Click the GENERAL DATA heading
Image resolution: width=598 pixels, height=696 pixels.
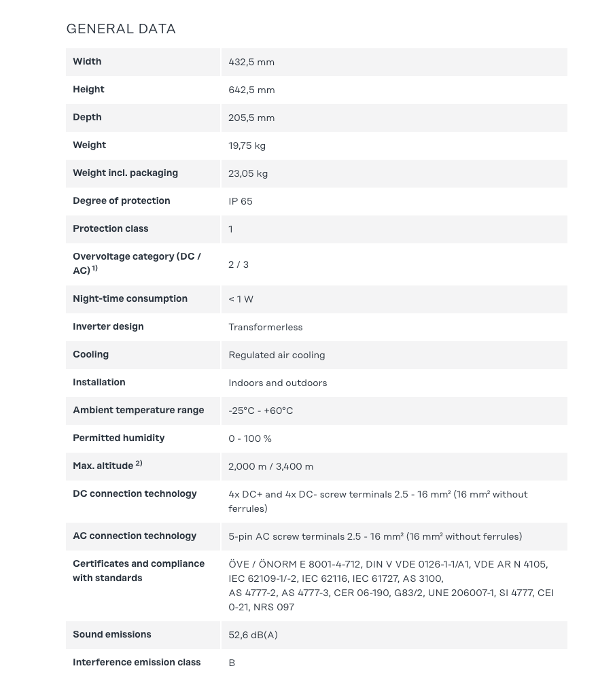121,29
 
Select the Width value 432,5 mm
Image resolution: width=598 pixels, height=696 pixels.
251,62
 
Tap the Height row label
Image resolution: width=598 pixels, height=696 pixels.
88,89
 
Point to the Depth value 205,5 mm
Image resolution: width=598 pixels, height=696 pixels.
251,118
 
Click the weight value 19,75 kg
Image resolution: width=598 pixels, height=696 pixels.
247,145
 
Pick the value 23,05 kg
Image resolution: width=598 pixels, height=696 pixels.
248,173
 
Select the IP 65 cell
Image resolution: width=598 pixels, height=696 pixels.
241,201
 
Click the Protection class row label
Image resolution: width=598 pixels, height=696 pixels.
110,228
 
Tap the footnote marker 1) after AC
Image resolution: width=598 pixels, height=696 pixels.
95,268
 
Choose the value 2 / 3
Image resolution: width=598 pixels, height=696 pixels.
239,264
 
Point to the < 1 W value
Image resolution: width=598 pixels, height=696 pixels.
241,299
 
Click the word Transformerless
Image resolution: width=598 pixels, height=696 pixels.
266,327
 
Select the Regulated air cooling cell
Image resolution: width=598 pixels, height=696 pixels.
277,355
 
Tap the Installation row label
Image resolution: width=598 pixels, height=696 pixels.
99,382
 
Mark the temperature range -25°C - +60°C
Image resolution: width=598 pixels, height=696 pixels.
261,411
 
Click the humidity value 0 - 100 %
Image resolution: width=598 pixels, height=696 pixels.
250,438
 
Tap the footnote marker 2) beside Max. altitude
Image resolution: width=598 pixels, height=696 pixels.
139,464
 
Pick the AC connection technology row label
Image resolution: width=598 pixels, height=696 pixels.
135,536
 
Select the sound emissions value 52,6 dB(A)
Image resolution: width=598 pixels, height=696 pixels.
253,635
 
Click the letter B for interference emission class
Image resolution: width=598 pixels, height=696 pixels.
232,663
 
